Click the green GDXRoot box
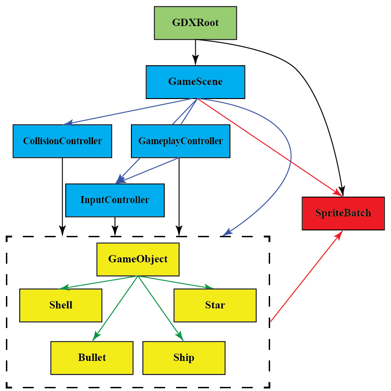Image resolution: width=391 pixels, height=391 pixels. pos(195,23)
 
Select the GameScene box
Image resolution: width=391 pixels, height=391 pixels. pos(195,82)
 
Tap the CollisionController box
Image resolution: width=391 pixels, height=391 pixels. pos(62,141)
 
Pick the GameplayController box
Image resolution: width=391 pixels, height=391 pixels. pos(180,141)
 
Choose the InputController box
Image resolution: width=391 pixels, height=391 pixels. pos(115,200)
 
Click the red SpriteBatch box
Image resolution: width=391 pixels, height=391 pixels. pos(343,213)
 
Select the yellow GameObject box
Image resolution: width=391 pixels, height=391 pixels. pos(138,259)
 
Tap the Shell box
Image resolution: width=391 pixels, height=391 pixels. pos(61,305)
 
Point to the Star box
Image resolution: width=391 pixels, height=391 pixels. pos(215,305)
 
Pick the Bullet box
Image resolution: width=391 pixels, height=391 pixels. pos(92,357)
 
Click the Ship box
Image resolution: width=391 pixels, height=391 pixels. pos(184,357)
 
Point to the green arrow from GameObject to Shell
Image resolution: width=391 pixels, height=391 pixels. pos(98,282)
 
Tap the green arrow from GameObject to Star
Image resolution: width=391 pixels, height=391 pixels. pos(176,282)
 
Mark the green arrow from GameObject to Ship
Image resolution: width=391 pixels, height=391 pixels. pos(160,308)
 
